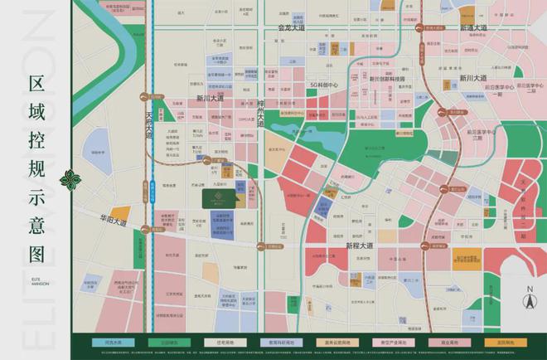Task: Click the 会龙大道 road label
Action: click(x=292, y=28)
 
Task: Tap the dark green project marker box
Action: click(x=220, y=197)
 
